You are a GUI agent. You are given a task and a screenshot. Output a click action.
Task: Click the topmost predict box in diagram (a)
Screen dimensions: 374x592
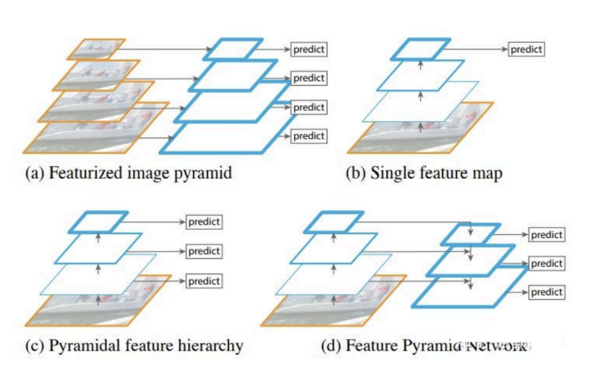[x=309, y=50]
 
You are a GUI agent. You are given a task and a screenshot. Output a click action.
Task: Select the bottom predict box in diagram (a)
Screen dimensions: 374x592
[x=309, y=136]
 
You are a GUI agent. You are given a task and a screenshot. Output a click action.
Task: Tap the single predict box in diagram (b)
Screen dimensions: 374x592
[x=526, y=50]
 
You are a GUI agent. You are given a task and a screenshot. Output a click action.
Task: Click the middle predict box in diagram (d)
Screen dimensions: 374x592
[x=547, y=263]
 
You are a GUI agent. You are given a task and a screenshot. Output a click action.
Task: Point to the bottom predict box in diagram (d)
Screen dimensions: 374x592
[x=547, y=293]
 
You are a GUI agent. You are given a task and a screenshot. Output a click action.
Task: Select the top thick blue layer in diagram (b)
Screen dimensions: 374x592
[x=420, y=50]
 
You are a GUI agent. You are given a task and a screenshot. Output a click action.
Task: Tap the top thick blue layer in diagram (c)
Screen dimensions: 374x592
[x=99, y=220]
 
